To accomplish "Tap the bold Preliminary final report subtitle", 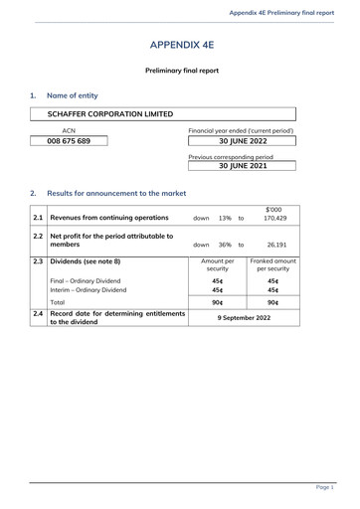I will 182,71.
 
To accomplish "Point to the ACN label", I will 69,131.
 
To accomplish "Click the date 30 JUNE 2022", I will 245,142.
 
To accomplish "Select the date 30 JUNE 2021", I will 245,166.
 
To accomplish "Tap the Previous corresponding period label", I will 230,156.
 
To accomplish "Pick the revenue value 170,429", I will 274,218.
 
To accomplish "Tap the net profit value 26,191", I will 277,245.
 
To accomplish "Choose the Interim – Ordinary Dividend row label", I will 89,289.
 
